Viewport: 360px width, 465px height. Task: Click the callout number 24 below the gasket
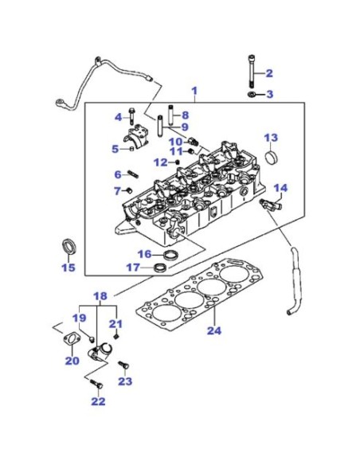point(214,330)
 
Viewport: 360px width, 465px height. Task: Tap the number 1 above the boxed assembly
point(194,91)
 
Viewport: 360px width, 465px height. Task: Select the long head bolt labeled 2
point(252,72)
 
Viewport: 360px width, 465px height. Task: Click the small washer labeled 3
point(252,95)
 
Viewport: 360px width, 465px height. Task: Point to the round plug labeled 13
point(271,157)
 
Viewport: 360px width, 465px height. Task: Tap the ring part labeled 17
point(160,267)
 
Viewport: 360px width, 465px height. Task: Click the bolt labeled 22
point(96,384)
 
